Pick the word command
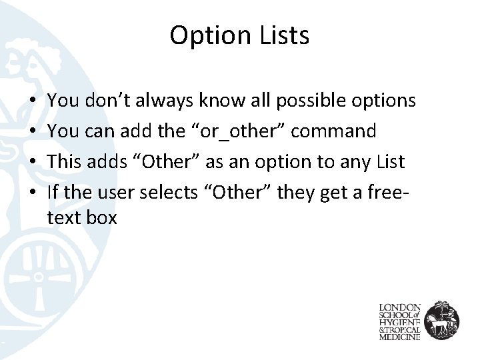[334, 131]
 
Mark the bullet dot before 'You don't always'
[33, 101]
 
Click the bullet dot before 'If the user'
[33, 192]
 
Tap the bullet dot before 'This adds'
[33, 161]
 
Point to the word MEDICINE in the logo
[400, 337]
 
